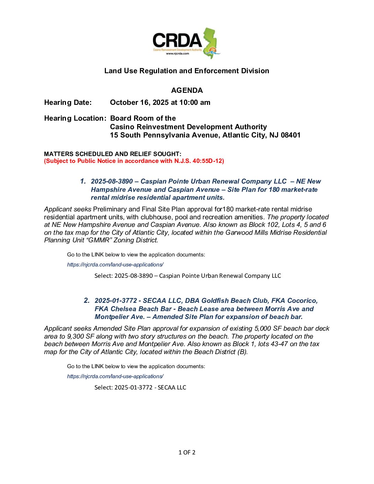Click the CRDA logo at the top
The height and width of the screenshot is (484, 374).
(186, 43)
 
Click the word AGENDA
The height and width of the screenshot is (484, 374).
(187, 90)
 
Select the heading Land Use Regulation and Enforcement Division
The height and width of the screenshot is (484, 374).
(187, 71)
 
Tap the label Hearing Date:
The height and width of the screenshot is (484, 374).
(68, 102)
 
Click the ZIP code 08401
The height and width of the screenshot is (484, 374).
(290, 135)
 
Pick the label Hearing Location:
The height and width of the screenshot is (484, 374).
(75, 118)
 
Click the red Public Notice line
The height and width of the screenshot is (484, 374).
(134, 161)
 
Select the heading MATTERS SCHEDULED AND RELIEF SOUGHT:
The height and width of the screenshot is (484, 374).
(113, 154)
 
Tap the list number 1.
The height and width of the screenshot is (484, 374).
(83, 181)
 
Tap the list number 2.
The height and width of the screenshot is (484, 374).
(87, 300)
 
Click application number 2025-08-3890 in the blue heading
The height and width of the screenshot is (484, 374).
(112, 181)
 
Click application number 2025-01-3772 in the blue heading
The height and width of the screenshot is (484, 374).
(115, 301)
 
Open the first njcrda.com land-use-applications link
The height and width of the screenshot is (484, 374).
(115, 265)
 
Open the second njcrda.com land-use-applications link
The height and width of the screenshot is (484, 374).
(115, 376)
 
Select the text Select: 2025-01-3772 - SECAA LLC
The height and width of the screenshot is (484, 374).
(140, 387)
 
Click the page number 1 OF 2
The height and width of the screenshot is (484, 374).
(187, 452)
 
